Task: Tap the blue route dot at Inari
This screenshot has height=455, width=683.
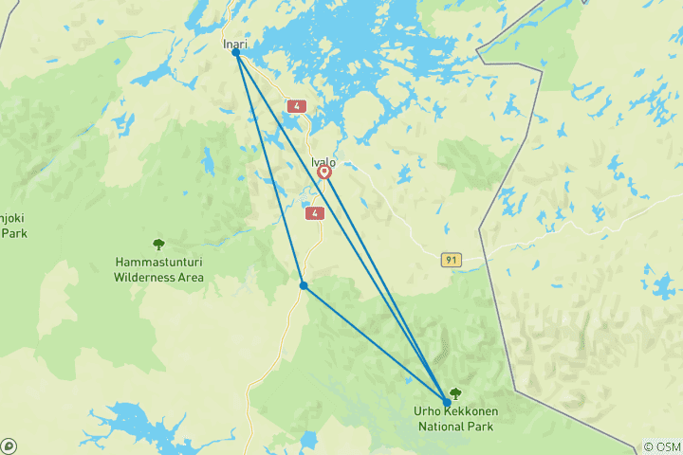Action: pos(235,53)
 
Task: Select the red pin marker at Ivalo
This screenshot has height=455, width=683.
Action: pos(324,173)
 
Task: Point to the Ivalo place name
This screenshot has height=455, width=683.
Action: pos(323,161)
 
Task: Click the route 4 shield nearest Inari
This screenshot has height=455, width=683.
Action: pos(297,106)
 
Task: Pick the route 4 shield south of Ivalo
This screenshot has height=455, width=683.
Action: pos(314,213)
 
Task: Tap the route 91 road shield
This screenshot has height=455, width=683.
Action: pos(450,259)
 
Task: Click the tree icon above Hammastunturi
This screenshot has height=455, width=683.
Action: pos(158,245)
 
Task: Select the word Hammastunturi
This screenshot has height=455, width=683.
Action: pos(158,263)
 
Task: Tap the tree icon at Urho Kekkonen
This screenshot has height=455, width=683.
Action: pos(455,393)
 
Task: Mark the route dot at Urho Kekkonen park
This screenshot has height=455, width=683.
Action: pos(447,402)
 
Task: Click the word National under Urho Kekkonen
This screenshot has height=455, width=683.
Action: pos(439,426)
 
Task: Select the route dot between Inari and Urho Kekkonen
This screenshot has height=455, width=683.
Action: pos(303,285)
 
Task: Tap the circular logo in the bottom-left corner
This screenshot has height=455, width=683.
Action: pos(9,446)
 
